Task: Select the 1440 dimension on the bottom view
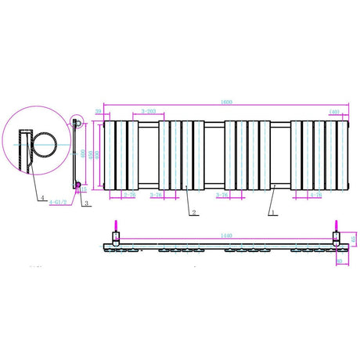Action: [228, 234]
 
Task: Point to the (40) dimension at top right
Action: [333, 112]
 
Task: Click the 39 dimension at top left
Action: [98, 112]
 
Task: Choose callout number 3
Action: [85, 202]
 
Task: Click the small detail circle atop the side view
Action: [77, 122]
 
